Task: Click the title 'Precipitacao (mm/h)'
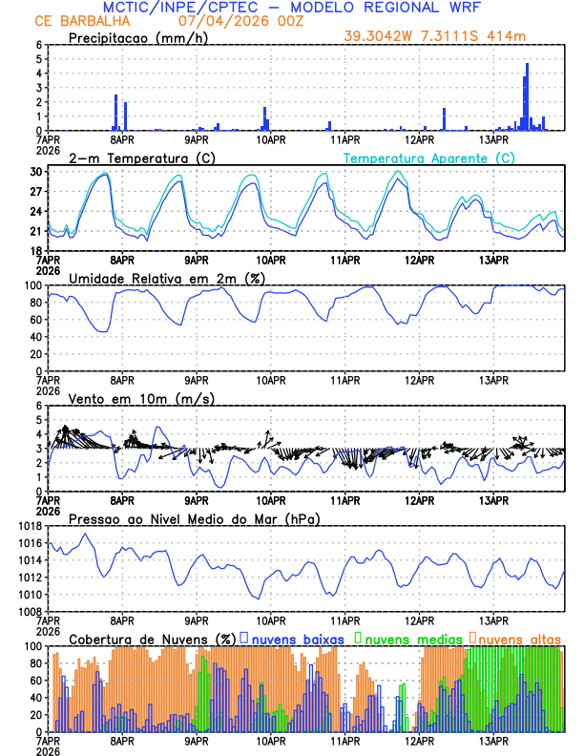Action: point(138,38)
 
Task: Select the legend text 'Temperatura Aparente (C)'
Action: point(429,157)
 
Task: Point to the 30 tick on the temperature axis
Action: point(37,172)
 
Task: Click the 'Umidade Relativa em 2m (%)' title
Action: point(162,278)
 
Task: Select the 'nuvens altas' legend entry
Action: point(519,639)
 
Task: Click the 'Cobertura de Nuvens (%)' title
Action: point(153,639)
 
